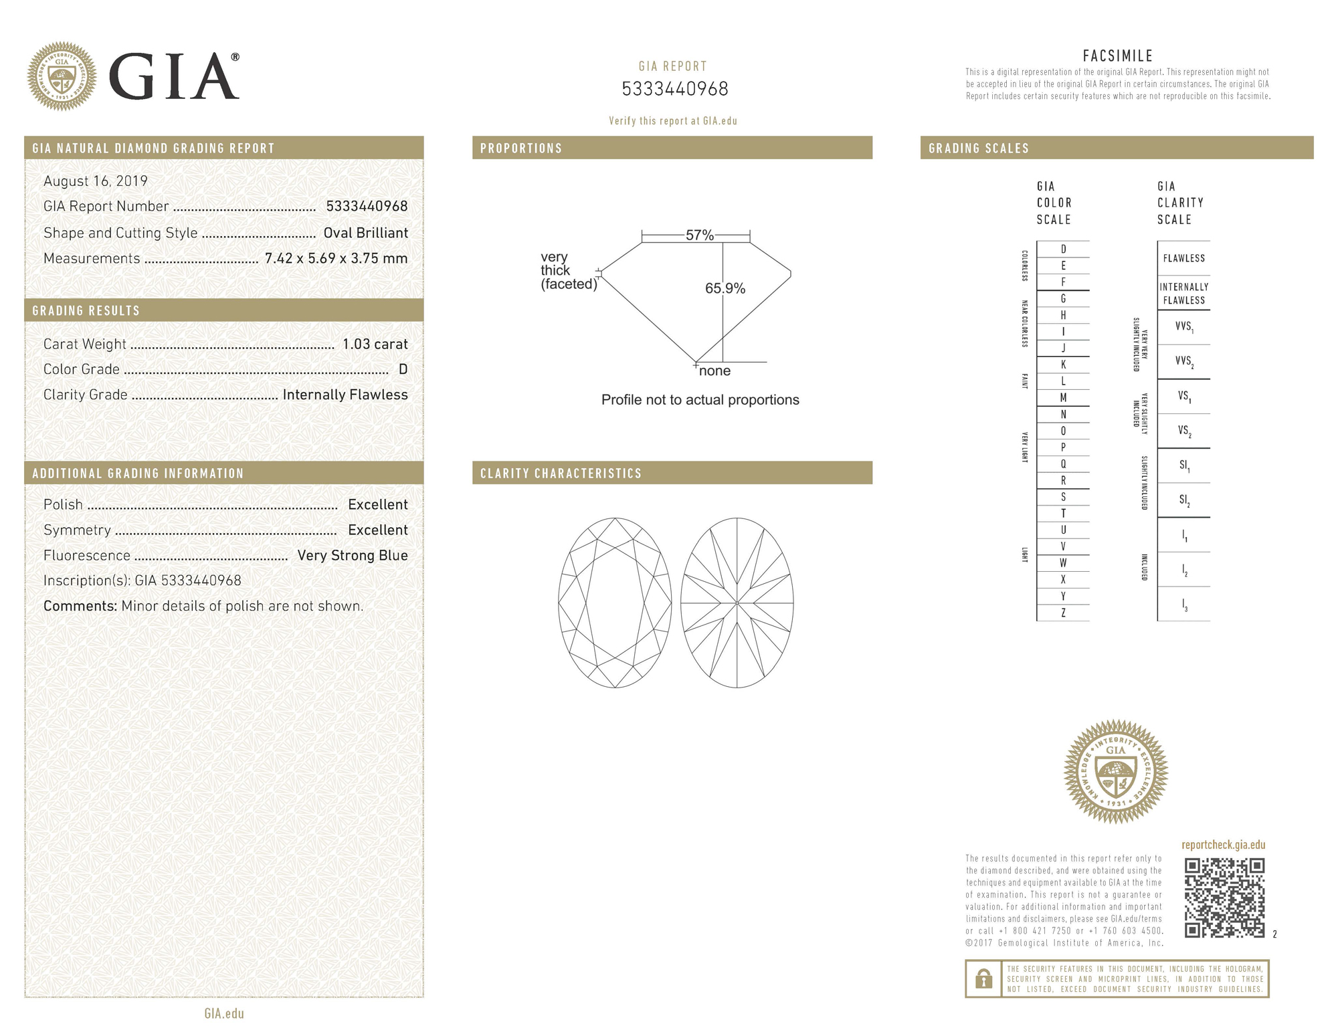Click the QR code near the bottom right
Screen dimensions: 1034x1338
tap(1224, 898)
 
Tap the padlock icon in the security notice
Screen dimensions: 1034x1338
tap(983, 979)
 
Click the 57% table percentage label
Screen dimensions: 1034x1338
tap(699, 235)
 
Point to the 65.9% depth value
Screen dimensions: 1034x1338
tap(725, 288)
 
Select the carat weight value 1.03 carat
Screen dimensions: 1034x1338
tap(375, 344)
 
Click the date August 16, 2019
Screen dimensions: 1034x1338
tap(95, 181)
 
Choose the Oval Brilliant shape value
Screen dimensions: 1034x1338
tap(365, 233)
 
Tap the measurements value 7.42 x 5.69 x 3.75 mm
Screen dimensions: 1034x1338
tap(336, 258)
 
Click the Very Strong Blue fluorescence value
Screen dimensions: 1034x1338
tap(352, 555)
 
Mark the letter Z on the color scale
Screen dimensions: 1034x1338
tap(1063, 613)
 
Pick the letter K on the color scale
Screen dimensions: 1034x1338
tap(1063, 365)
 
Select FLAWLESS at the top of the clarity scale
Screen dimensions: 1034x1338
tap(1183, 258)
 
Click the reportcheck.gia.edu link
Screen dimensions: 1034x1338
tap(1223, 845)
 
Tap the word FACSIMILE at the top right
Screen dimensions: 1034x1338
tap(1117, 56)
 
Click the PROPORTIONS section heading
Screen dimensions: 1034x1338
tap(521, 148)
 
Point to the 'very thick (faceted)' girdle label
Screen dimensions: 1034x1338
tap(568, 270)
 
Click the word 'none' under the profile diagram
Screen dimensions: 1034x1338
tap(714, 371)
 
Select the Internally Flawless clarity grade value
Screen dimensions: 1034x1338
tap(345, 395)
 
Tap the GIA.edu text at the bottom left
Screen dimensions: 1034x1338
tap(224, 1013)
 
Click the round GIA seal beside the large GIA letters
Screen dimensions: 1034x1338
tap(62, 76)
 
